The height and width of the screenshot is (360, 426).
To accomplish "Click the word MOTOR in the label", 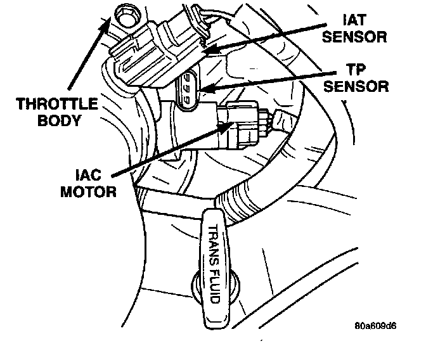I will tap(89, 190).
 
